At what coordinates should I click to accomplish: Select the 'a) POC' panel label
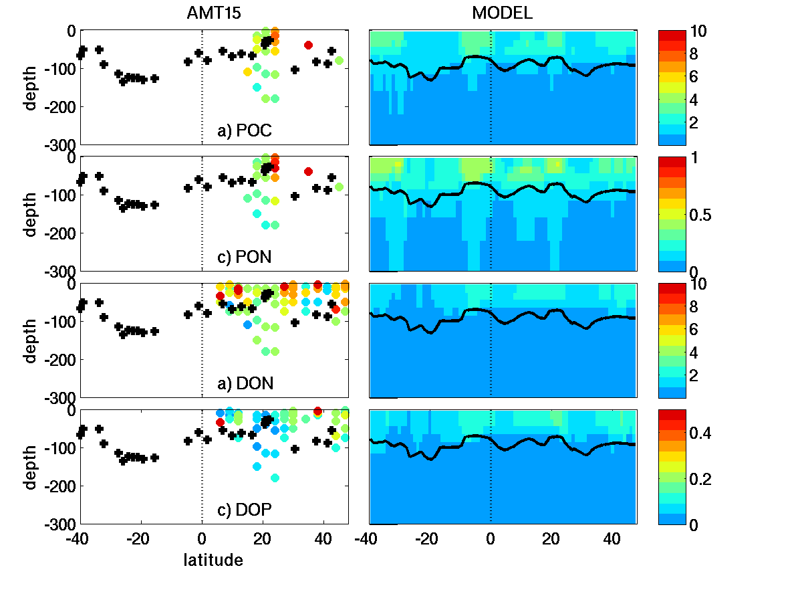(245, 131)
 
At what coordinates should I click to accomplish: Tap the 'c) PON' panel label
(245, 258)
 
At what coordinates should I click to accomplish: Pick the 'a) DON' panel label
(245, 383)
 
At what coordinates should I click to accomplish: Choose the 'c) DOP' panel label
(245, 510)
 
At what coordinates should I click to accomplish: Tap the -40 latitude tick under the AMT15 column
(78, 538)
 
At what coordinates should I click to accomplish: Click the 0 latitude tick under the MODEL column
(491, 538)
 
